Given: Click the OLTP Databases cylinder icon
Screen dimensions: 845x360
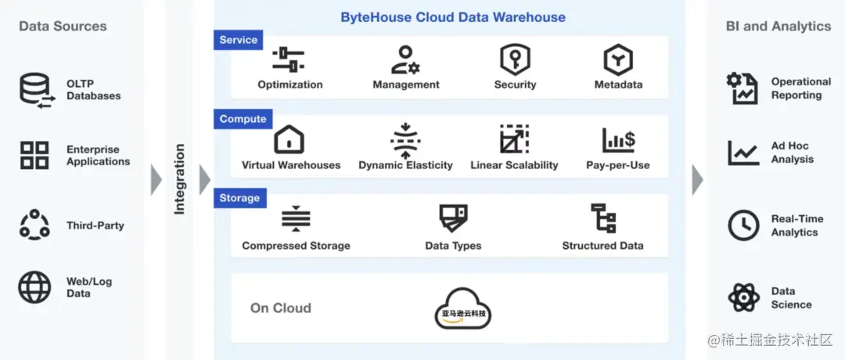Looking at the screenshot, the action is point(34,90).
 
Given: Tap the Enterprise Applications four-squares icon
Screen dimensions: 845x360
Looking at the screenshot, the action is point(34,155).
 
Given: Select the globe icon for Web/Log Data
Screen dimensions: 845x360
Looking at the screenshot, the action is point(34,287).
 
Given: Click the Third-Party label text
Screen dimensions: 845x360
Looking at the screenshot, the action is point(95,225).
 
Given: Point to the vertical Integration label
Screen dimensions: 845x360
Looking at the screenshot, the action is point(179,179).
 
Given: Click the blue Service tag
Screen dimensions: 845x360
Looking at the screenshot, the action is point(239,40).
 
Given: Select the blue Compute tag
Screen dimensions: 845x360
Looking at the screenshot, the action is point(243,119).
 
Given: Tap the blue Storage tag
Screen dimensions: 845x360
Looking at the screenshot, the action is point(239,198).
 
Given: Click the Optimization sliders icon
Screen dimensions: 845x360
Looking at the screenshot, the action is point(289,59).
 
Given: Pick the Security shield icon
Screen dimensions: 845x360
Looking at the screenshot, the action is point(515,59).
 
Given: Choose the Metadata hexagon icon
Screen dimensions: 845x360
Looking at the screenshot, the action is point(618,59).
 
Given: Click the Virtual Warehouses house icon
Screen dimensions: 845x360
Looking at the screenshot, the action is point(289,139).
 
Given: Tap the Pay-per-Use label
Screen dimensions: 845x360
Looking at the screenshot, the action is point(618,165).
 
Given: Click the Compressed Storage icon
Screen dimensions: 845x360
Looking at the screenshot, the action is point(296,219).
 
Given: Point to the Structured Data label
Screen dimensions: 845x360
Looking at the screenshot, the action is point(602,246).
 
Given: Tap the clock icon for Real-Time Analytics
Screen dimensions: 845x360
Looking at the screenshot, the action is point(743,225).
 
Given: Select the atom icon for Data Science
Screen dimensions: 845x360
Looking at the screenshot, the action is point(743,297).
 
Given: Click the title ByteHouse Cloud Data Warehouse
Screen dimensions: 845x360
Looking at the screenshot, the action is point(453,17).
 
